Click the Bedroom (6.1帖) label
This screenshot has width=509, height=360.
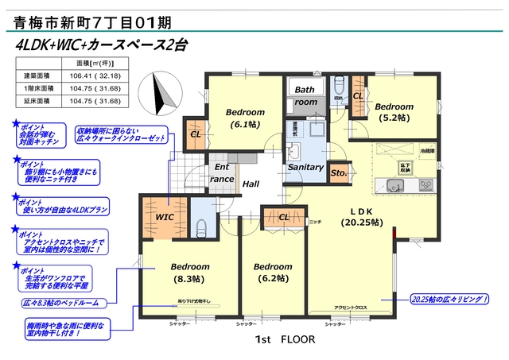point(245,118)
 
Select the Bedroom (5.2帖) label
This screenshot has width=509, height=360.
point(395,112)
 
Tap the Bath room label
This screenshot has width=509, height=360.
point(305,96)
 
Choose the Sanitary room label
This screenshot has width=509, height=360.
point(305,168)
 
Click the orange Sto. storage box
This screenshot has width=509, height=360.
point(338,172)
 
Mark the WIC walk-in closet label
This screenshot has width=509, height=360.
point(165,215)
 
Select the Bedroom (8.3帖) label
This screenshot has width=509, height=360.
point(188,273)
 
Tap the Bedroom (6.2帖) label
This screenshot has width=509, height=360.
point(274,273)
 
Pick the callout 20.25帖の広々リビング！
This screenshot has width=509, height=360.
point(449,300)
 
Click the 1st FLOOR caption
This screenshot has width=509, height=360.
point(285,339)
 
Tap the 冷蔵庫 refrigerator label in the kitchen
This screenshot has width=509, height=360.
point(427,149)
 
